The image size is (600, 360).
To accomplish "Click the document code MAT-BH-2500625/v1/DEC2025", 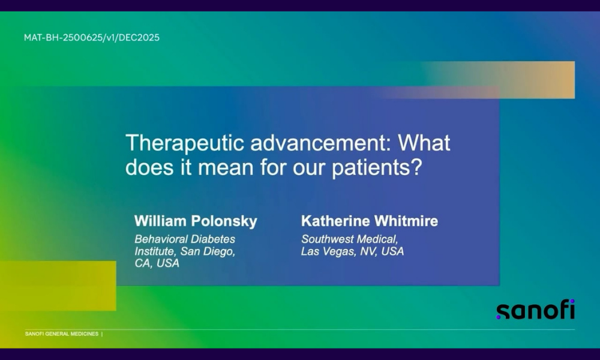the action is (x=91, y=37).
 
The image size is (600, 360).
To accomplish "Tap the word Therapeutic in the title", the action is (x=185, y=143).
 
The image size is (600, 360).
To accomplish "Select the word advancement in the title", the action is (x=320, y=143).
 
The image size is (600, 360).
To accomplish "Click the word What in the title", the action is (x=424, y=143).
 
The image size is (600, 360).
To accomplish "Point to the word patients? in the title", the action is (x=377, y=167).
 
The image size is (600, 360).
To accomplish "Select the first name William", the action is (x=160, y=221).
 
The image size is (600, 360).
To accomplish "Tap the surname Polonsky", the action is (x=224, y=221).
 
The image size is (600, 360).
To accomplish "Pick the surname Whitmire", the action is (x=406, y=221).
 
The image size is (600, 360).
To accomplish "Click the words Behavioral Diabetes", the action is (x=185, y=239).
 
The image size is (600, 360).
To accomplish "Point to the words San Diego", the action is (x=208, y=251).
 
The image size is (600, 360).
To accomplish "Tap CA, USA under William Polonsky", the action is (x=157, y=263).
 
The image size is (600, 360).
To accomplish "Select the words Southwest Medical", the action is (x=350, y=239).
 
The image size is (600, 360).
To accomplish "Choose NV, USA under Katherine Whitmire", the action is (x=382, y=251).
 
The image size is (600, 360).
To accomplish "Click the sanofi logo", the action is (x=536, y=309).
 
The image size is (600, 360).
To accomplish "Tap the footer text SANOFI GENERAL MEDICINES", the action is (x=62, y=334).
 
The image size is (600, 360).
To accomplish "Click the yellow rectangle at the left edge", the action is (x=58, y=286).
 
